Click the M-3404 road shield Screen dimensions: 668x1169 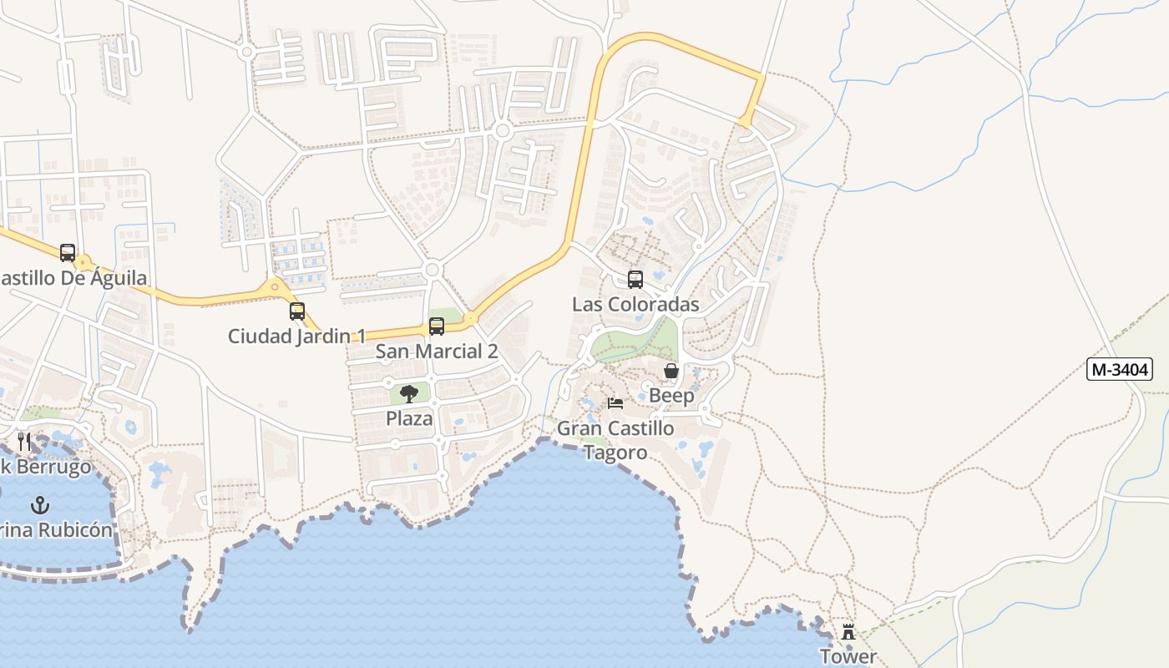coord(1119,368)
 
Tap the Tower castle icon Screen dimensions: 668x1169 coord(848,631)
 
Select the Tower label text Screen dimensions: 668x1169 coord(848,656)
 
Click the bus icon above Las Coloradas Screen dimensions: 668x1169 coord(635,280)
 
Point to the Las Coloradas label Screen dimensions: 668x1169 coord(635,305)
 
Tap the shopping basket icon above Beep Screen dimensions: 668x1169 coord(671,371)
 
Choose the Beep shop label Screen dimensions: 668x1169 coord(671,396)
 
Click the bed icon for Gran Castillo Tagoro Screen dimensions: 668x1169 coord(615,403)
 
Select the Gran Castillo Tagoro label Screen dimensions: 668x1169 coord(615,440)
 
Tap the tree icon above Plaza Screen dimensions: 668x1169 coord(409,393)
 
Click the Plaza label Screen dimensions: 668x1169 coord(409,418)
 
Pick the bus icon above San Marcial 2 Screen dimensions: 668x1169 coord(436,326)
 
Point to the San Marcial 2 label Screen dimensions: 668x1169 coord(436,352)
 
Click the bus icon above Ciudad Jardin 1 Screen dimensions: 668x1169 coord(296,311)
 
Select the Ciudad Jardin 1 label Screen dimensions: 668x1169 coord(296,337)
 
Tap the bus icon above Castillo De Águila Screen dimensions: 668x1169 coord(67,253)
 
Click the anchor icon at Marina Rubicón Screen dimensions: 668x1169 coord(39,505)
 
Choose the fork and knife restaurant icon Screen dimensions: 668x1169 coord(24,441)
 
